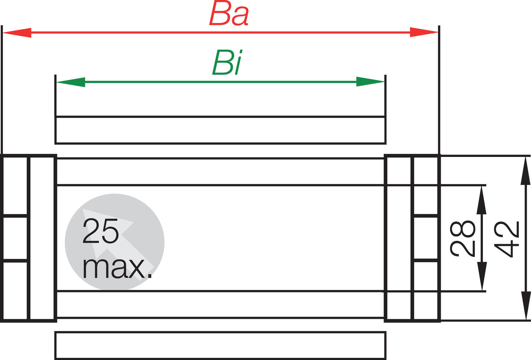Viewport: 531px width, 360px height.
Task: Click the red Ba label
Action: [229, 14]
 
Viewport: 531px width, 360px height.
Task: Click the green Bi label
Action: [227, 62]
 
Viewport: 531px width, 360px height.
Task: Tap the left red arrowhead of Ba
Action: [17, 33]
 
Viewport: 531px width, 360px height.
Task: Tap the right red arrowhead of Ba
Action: [424, 32]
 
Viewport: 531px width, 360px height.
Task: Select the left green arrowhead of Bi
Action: [71, 82]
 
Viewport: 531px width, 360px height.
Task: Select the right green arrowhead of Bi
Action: [370, 81]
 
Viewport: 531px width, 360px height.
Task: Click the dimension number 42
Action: [507, 239]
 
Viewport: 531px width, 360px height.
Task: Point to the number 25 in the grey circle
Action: [100, 231]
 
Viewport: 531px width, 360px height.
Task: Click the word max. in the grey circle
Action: [117, 268]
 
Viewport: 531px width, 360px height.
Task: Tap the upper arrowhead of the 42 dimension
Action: [525, 171]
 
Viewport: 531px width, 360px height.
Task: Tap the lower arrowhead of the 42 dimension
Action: [525, 306]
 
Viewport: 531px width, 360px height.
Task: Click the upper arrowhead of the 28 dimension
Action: [481, 200]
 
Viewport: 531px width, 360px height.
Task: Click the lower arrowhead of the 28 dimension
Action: [482, 276]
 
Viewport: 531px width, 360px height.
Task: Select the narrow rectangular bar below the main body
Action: [221, 345]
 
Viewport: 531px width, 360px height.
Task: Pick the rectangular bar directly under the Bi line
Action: [221, 130]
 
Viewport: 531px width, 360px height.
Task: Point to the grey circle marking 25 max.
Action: [115, 242]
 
